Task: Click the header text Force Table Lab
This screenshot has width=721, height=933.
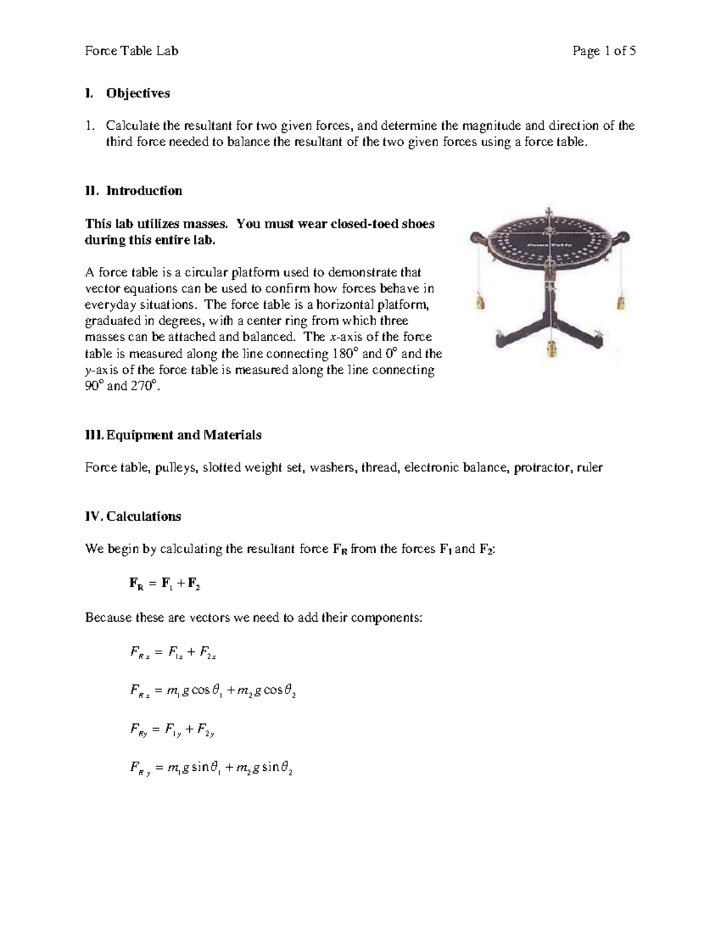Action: click(132, 51)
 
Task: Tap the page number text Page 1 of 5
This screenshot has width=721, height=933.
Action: click(604, 51)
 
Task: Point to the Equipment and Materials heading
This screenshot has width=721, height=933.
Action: click(173, 435)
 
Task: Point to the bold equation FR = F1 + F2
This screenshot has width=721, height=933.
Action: click(165, 583)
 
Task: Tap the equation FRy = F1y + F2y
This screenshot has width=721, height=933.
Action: click(172, 731)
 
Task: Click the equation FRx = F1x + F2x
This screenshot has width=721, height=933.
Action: click(172, 653)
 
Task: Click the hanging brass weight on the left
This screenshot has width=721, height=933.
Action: click(479, 301)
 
